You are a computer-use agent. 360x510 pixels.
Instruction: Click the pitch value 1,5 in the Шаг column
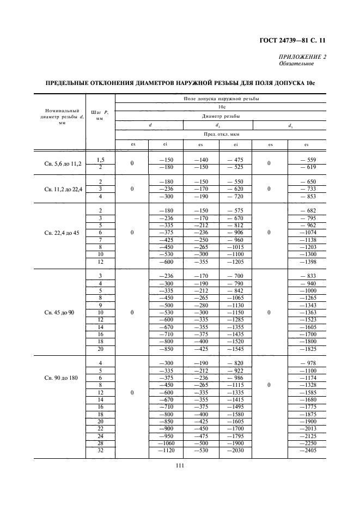point(100,160)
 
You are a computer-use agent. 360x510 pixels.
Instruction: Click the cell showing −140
point(200,160)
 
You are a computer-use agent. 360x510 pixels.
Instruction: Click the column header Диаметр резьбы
point(220,116)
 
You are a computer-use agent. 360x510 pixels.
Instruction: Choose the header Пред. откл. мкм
point(220,133)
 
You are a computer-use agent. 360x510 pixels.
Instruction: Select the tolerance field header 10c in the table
point(220,107)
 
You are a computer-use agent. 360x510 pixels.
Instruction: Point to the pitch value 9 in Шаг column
point(100,305)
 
